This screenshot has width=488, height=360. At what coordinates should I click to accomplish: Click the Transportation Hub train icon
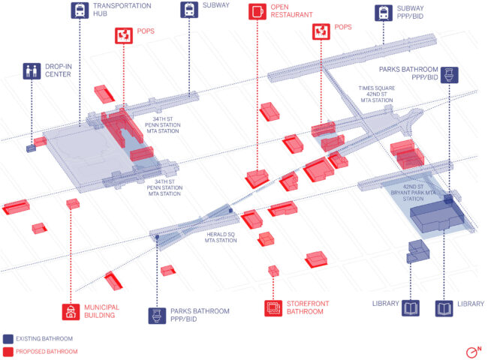(80, 10)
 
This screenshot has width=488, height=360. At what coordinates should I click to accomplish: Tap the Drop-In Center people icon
(32, 71)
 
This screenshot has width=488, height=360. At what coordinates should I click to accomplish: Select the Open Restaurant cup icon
(258, 11)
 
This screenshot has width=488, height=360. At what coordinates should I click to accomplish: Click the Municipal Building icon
(71, 311)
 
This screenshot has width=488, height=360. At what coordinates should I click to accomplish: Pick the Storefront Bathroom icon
(273, 308)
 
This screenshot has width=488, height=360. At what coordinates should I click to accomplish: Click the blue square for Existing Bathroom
(8, 339)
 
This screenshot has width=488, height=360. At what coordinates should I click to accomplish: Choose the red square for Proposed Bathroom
(8, 352)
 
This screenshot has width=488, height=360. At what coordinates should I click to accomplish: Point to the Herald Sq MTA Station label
(221, 237)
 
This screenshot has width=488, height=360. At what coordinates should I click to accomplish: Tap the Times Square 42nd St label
(377, 94)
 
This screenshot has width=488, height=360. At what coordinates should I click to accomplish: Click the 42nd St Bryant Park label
(413, 193)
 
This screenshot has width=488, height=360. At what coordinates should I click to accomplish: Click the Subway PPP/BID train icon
(384, 13)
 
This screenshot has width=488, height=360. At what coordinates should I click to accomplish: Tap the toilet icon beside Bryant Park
(449, 74)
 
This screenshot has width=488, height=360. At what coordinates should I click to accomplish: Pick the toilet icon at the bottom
(157, 316)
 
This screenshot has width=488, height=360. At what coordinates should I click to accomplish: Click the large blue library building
(437, 215)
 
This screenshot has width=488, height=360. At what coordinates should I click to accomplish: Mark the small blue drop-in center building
(31, 148)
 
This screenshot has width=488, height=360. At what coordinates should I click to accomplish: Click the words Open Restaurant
(291, 11)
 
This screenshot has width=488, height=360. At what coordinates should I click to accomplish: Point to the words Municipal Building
(101, 311)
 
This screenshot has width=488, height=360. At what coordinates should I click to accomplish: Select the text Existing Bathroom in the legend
(44, 338)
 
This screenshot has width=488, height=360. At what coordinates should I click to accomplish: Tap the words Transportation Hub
(122, 10)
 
